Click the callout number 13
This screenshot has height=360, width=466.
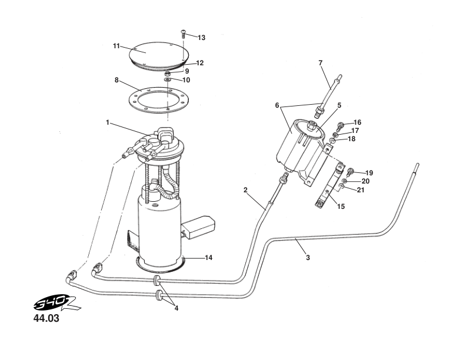201,38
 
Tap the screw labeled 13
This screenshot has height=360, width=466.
184,32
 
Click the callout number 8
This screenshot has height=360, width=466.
116,79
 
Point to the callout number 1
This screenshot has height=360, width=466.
108,122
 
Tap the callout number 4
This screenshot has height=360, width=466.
176,307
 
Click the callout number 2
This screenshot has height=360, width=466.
245,190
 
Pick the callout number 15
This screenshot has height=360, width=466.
341,206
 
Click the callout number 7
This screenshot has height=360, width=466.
321,62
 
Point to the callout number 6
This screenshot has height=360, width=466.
277,106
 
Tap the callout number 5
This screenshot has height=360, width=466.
339,106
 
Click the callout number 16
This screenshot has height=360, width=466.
357,122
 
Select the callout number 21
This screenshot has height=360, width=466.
360,189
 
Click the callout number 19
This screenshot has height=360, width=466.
369,173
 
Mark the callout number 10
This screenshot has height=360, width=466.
186,80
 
